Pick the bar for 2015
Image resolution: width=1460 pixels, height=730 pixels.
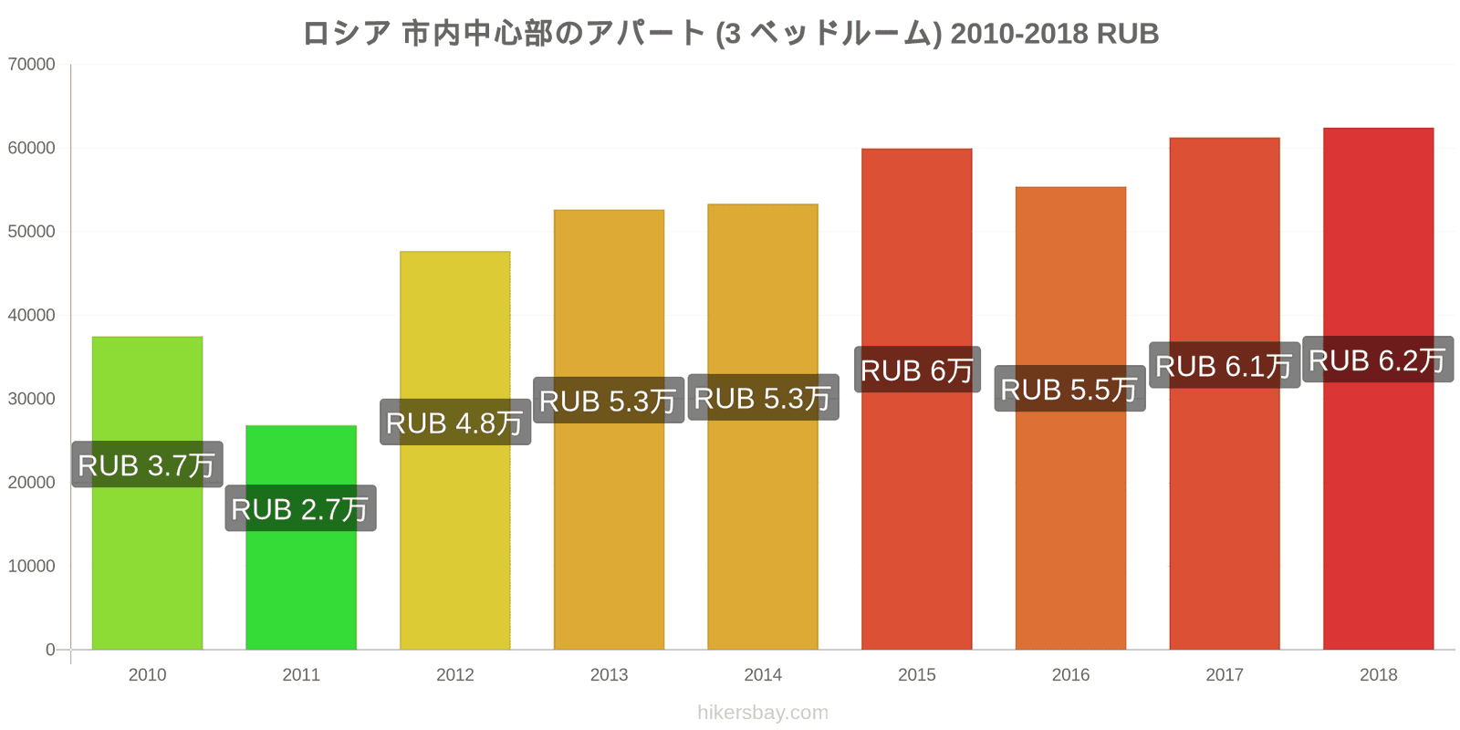[x=916, y=511]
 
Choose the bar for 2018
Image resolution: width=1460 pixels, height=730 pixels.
[x=1378, y=511]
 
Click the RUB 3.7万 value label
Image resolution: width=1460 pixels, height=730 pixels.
[x=147, y=464]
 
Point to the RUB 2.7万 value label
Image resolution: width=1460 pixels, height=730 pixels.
[x=300, y=508]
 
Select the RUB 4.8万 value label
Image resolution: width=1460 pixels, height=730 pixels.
[x=454, y=422]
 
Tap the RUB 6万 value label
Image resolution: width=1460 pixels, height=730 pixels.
[x=917, y=370]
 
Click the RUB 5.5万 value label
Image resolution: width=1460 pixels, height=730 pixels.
[x=1069, y=389]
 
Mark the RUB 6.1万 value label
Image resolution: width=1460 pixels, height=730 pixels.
[x=1224, y=366]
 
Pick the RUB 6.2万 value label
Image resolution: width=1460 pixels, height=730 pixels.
[x=1378, y=360]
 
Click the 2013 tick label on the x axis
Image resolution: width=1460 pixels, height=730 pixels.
[x=609, y=675]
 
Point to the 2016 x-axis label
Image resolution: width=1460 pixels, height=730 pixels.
[x=1070, y=675]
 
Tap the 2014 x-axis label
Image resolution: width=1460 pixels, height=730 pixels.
[x=763, y=675]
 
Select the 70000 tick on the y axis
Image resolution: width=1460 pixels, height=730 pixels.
[x=32, y=65]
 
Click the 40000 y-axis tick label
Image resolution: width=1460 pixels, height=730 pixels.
[x=32, y=316]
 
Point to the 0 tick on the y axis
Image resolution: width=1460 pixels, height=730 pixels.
[x=50, y=650]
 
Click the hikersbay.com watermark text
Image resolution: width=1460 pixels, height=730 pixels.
[x=763, y=713]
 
